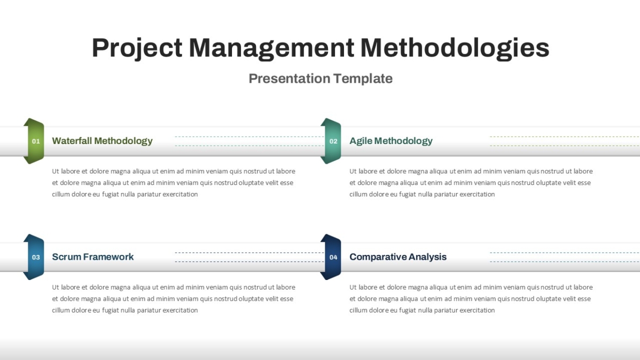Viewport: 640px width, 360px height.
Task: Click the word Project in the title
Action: pos(137,49)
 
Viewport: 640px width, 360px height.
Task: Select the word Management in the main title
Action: pos(271,49)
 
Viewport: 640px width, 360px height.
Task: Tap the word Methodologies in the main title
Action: pos(455,49)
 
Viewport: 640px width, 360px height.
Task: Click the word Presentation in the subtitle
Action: pos(290,78)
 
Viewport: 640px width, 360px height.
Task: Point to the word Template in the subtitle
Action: pos(363,78)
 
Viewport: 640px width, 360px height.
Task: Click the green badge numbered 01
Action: pos(34,141)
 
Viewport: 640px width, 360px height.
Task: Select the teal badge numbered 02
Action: pos(331,141)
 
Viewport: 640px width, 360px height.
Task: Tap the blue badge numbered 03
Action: pos(34,257)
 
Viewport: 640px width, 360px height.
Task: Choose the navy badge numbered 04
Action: pos(331,257)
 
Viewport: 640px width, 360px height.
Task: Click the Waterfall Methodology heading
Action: pos(102,141)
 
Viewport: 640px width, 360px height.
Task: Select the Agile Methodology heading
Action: pos(391,141)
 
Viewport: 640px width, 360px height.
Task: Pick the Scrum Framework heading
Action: pos(93,257)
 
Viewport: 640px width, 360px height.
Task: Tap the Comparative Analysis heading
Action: pos(398,257)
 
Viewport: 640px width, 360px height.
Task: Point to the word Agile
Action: pos(361,141)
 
